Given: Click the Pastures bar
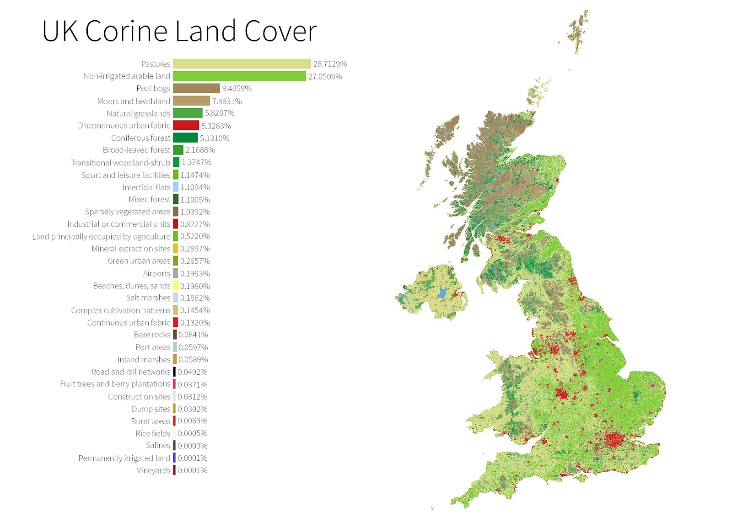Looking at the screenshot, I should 242,64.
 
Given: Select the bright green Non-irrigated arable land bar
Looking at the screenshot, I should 239,76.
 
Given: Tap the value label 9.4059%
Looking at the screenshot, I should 237,89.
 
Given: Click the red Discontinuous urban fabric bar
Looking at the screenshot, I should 186,125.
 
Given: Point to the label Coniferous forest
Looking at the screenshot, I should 140,138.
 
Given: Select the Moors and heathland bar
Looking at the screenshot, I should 191,101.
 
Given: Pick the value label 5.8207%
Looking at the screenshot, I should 220,113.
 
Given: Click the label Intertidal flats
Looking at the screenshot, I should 146,187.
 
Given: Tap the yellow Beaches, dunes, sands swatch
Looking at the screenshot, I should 175,286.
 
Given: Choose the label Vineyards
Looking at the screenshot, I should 153,470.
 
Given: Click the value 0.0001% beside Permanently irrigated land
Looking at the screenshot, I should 192,458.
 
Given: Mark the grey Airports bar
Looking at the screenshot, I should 175,273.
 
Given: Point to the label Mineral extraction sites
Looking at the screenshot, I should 130,249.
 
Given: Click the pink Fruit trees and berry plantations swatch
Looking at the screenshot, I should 174,384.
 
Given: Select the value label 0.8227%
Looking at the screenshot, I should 195,224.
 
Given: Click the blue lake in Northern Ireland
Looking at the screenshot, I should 442,293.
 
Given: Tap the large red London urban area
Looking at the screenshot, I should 615,440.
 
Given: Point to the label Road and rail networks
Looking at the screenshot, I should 130,372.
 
